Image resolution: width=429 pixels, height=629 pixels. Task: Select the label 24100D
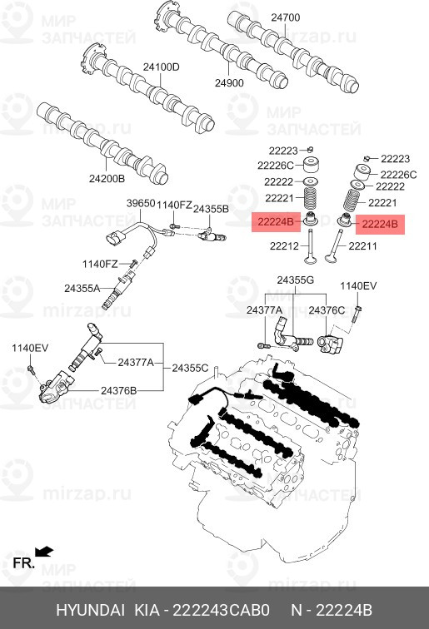point(161,67)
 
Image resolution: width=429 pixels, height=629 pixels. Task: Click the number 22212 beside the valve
point(283,245)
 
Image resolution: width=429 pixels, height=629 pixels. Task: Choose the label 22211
point(362,245)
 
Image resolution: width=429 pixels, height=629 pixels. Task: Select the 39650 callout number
point(141,203)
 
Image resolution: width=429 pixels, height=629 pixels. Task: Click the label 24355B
point(211,210)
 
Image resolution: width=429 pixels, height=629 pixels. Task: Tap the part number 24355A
point(82,288)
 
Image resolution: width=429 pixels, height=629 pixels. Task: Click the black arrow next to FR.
point(44,551)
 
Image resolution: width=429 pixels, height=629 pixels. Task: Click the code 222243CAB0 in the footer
point(221,610)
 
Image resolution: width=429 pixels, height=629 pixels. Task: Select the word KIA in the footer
point(148,610)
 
